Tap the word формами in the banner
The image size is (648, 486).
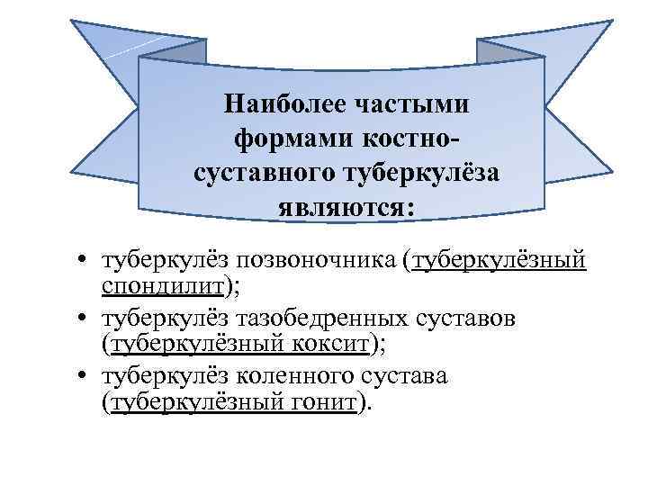coord(284,139)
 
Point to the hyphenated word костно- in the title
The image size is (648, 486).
coord(401,139)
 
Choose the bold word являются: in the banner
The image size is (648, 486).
coord(346,208)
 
